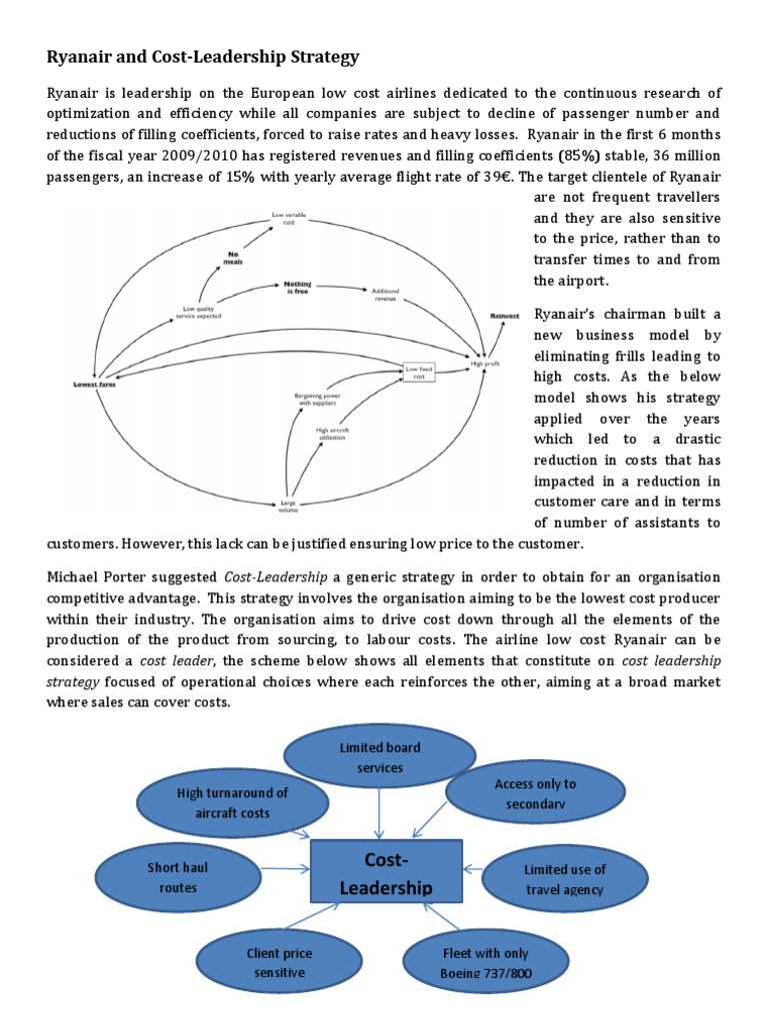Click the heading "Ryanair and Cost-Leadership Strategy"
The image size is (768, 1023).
(203, 56)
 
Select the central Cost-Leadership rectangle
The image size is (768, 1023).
(386, 874)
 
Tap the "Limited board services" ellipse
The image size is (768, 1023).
(379, 756)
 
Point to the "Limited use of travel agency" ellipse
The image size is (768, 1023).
(565, 879)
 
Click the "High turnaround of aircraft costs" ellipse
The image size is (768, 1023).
(232, 802)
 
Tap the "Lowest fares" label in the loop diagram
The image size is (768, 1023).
(94, 384)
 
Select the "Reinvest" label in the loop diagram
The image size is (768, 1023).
(505, 316)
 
